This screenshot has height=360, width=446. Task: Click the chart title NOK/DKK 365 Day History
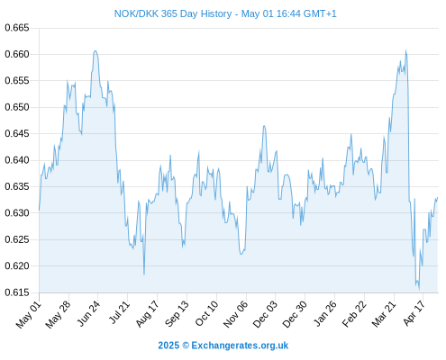pos(173,13)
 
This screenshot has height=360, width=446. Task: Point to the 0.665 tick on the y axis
pos(17,28)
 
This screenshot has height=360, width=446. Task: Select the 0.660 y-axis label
pos(17,54)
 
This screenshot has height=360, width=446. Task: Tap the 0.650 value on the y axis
pos(17,107)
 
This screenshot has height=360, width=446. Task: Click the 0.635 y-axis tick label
pos(17,186)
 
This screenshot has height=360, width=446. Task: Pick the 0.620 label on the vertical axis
pos(17,265)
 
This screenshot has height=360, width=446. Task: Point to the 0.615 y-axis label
pos(17,292)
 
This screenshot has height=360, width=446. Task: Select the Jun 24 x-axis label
pos(88,313)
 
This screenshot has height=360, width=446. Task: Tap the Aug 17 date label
pos(147,313)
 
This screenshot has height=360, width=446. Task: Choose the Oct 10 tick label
pos(206,313)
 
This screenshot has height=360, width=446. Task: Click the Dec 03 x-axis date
pos(265,314)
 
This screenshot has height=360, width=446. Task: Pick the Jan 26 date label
pos(324,313)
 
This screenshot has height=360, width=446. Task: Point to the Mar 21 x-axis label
pos(384,313)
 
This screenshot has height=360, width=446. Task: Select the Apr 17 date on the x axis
pos(414,313)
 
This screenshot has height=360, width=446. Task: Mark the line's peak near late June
pos(96,50)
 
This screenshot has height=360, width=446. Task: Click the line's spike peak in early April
pos(405,50)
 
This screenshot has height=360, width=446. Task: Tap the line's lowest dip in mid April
pos(419,290)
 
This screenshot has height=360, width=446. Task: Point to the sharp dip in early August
pos(144,274)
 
